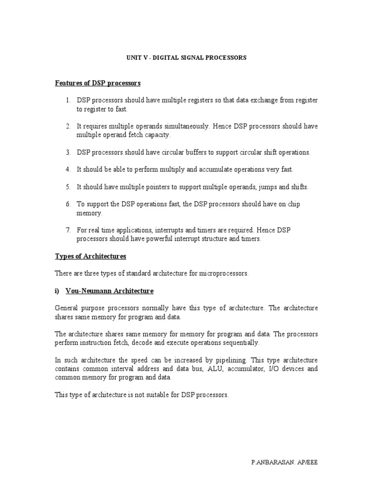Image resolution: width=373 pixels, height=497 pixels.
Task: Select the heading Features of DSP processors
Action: [98, 83]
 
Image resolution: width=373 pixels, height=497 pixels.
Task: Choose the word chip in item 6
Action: [294, 204]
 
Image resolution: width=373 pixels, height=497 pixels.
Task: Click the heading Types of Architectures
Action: [90, 256]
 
